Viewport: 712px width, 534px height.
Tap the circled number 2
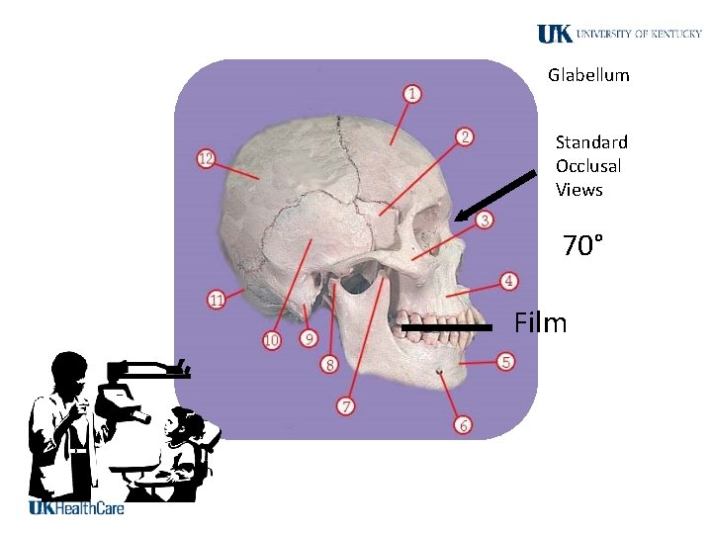[465, 136]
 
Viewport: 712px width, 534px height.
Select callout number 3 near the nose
[485, 220]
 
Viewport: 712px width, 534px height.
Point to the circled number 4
[508, 282]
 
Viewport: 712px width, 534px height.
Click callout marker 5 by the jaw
[505, 362]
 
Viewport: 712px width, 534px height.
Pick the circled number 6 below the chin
[463, 425]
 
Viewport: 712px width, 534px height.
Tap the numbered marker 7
[346, 406]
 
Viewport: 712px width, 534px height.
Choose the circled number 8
[330, 365]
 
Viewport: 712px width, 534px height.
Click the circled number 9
[309, 339]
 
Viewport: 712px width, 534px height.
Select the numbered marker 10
[272, 341]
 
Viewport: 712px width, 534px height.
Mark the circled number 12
[206, 158]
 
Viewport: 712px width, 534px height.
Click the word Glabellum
[588, 75]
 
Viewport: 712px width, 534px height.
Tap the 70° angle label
[583, 245]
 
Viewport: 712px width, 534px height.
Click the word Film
[541, 322]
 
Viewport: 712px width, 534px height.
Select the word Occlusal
[588, 166]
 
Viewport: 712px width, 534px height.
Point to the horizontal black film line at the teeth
[446, 325]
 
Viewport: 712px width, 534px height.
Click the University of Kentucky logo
[619, 34]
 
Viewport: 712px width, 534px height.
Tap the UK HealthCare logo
[76, 508]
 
